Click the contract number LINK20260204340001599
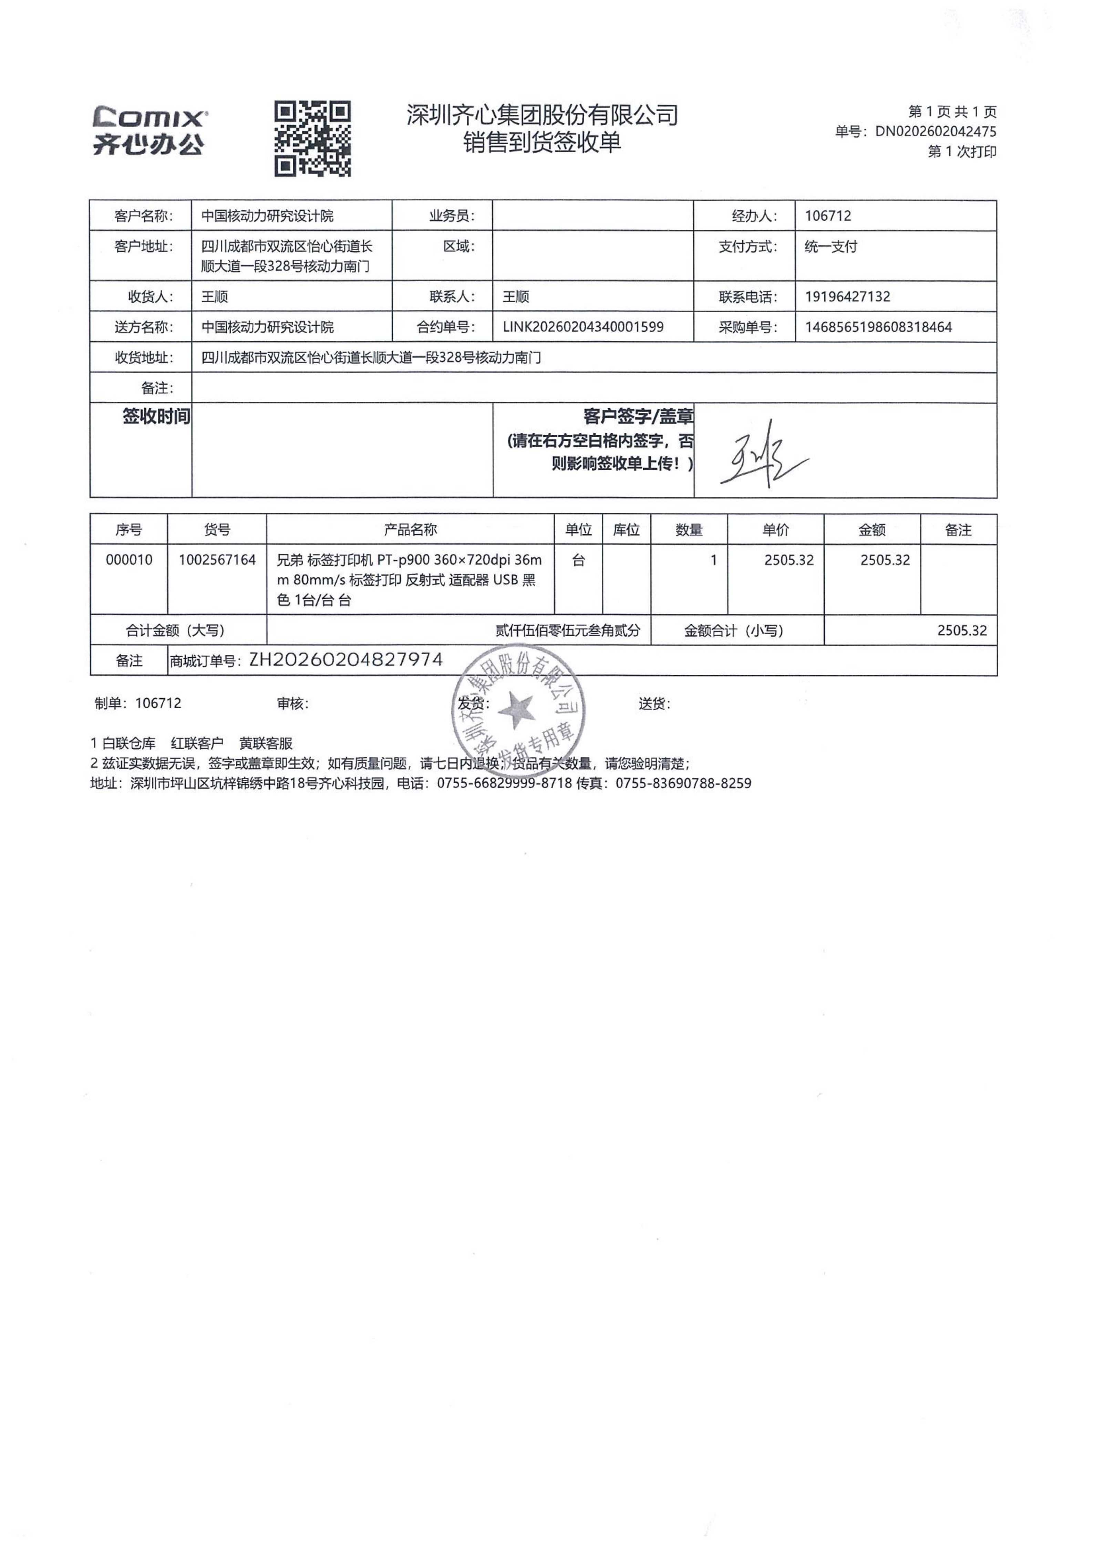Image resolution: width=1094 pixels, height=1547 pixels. coord(583,327)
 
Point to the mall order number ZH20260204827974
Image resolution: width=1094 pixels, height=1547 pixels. coord(346,660)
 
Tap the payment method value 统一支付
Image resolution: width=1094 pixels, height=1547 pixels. coord(831,247)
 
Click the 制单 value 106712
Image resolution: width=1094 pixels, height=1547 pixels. coord(158,703)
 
